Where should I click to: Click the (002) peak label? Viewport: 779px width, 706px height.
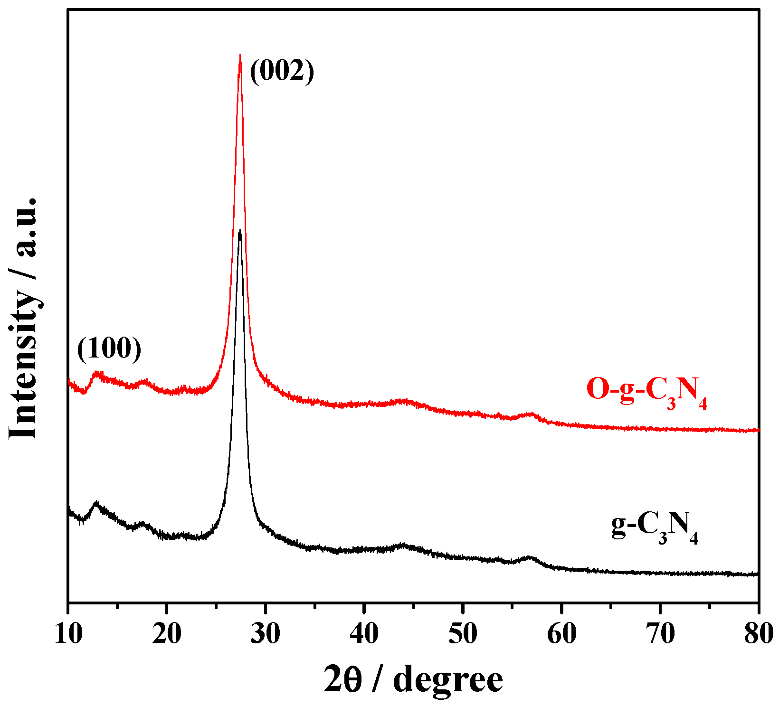point(282,72)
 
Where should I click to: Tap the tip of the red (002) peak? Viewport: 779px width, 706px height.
point(240,56)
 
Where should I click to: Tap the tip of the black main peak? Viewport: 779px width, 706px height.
point(240,231)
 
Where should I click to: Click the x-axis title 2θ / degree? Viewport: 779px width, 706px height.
point(413,680)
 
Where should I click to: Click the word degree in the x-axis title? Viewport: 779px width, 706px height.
point(448,681)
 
